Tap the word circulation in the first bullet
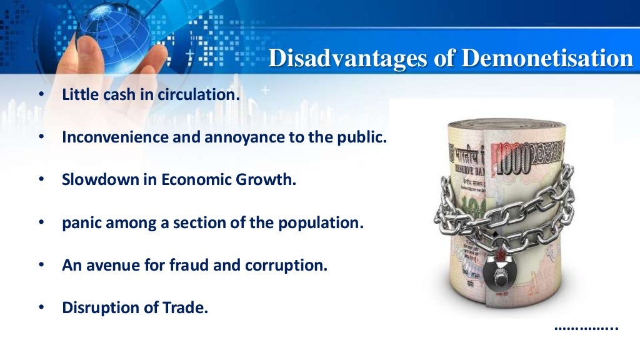pos(201,95)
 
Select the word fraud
pos(187,264)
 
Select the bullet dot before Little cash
pos(41,96)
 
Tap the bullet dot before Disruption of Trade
pos(41,307)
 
